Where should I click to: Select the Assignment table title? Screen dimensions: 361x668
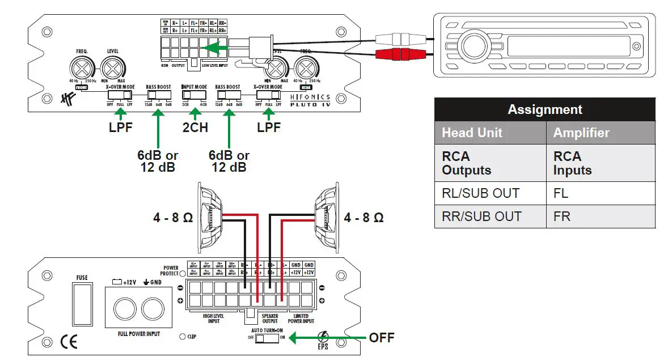544,109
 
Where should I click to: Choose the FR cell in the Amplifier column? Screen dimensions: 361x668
600,216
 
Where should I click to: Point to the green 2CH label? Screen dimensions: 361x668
195,127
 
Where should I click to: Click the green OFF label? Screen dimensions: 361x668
381,338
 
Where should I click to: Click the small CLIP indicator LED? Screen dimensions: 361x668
182,337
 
